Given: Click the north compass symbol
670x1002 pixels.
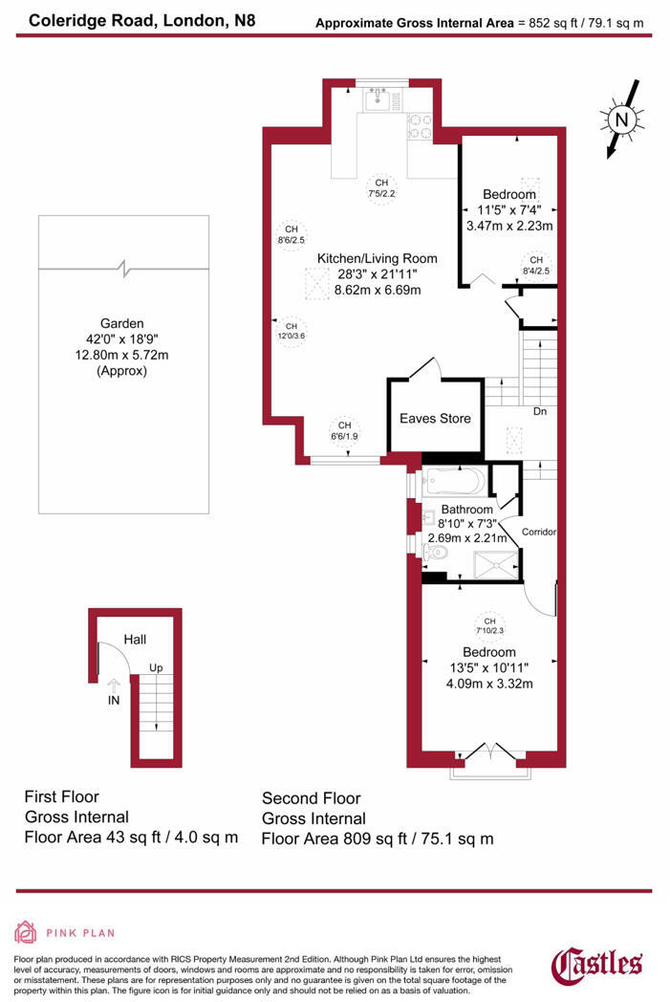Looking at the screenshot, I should coord(620,120).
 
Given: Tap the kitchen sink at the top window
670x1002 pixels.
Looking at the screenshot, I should coord(378,98).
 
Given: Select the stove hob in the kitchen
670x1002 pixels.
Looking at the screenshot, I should coord(421,125).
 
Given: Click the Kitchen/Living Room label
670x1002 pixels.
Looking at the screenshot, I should coord(377,258).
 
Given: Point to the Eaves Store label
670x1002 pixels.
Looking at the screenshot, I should coord(435,418).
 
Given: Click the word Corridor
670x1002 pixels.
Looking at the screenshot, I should coord(539,532).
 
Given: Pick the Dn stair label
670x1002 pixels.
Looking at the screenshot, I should coord(540,412).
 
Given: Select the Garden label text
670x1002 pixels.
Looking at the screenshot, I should coord(122,322).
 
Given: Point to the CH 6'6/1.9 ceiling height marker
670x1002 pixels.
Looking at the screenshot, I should coord(344,430).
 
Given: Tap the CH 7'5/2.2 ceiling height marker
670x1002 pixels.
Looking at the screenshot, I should coord(381,187).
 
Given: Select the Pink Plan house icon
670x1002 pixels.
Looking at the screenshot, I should coord(26,931).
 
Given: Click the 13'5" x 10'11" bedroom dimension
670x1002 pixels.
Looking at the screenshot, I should coord(488,666).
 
